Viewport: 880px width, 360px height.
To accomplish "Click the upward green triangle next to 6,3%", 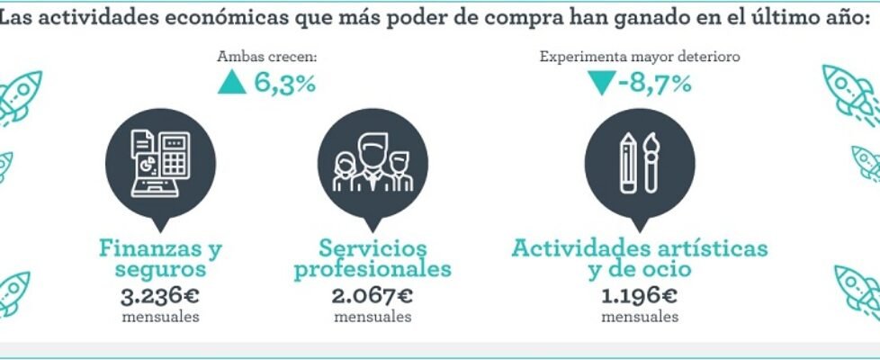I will click(x=232, y=84).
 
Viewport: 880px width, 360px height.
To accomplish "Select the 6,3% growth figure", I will click(x=284, y=84).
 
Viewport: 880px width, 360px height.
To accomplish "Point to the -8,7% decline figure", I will click(x=654, y=85).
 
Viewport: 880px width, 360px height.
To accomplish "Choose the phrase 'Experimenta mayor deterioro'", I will click(x=640, y=57).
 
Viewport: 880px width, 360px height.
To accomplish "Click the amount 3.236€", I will click(x=161, y=294).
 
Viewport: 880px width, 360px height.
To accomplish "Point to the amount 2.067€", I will click(x=373, y=294).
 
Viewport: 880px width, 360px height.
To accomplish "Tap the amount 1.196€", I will click(x=640, y=294).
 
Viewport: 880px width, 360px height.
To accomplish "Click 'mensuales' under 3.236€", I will click(x=161, y=316).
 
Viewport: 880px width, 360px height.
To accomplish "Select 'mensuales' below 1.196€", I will click(x=640, y=316).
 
